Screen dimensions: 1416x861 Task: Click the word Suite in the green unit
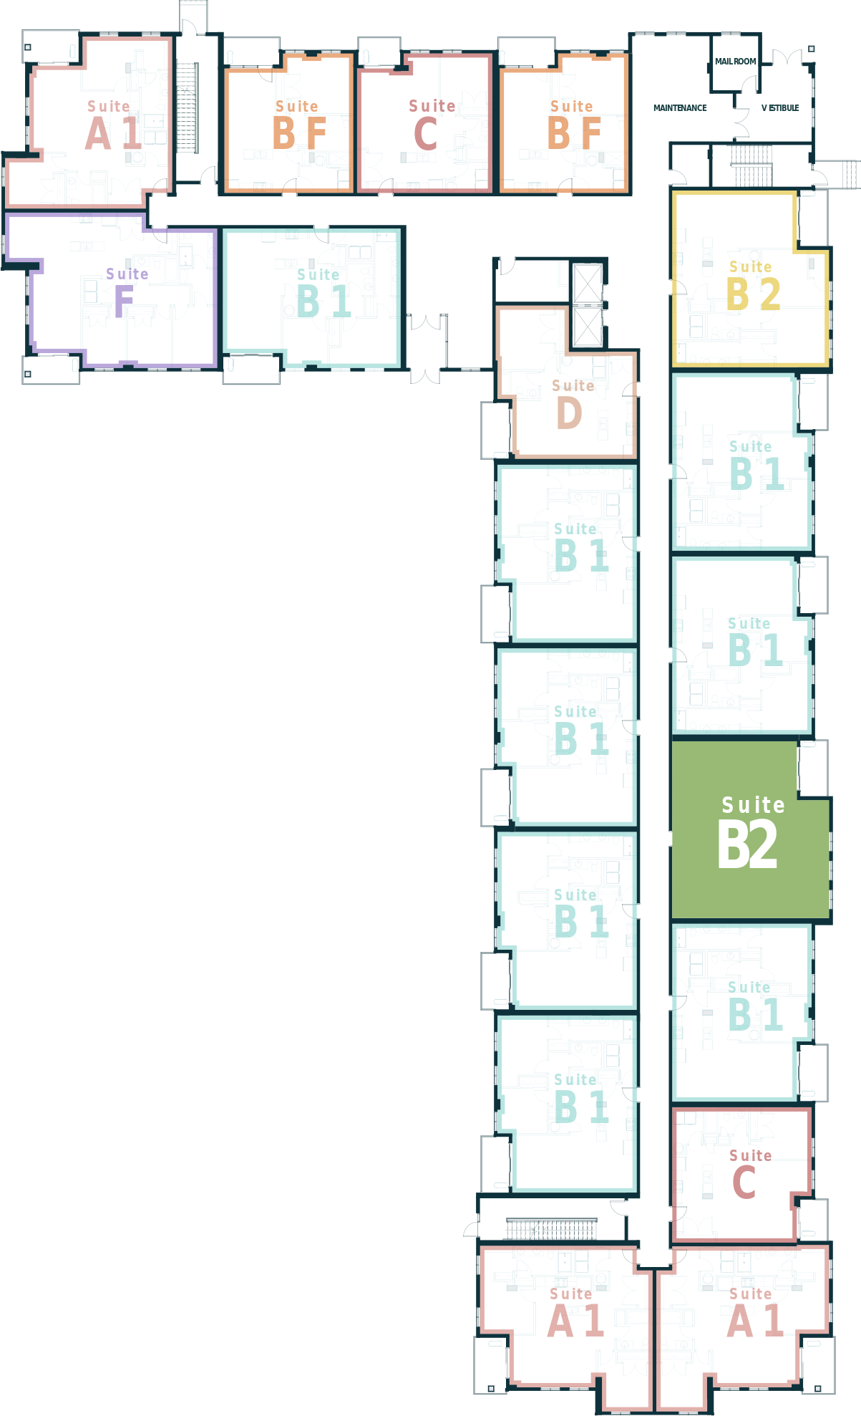pos(753,805)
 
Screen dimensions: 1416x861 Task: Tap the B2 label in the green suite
pos(747,845)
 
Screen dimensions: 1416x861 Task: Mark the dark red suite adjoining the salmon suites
pos(741,1175)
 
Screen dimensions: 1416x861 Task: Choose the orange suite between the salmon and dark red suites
pos(288,122)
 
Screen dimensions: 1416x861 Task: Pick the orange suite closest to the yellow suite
pos(564,122)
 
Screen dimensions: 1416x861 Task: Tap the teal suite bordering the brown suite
pos(567,552)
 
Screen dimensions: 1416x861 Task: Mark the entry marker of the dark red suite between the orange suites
pos(386,195)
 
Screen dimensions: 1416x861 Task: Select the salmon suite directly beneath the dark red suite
pos(741,1325)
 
